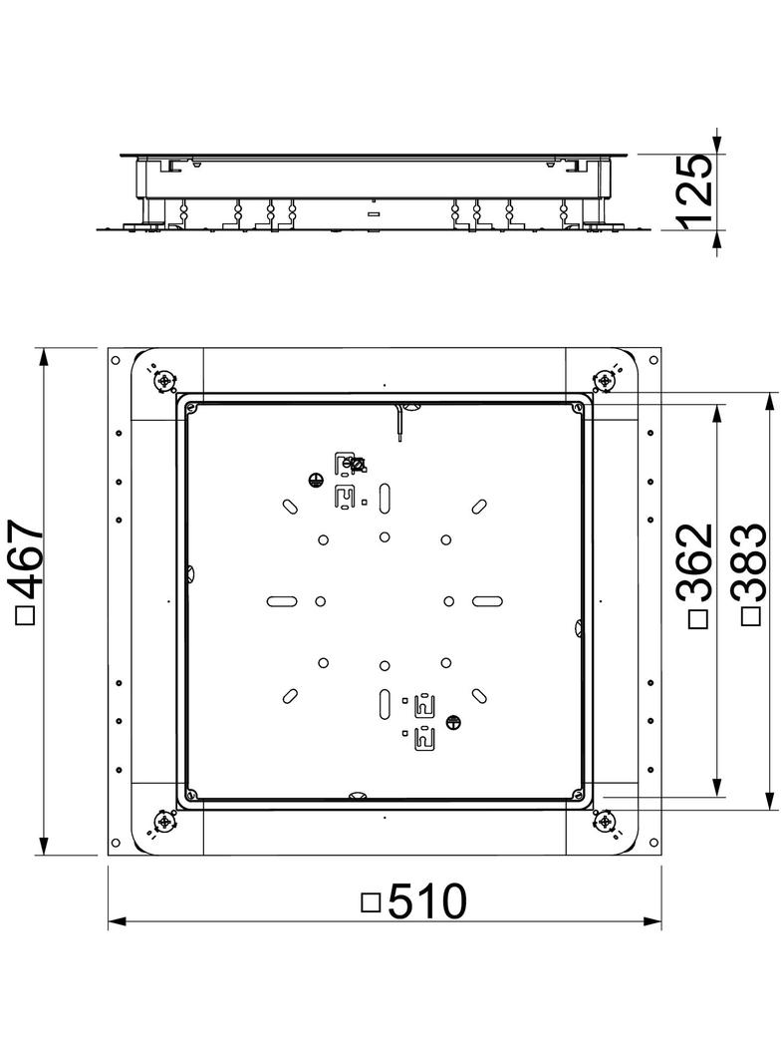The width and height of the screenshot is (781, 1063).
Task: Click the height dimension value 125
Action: tap(694, 189)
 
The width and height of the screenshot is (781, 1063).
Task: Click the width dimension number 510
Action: tap(426, 902)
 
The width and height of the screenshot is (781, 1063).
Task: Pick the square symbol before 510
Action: tap(371, 902)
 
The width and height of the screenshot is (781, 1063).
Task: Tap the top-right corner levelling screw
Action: tap(605, 380)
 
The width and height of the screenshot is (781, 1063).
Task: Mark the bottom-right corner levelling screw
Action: tap(605, 821)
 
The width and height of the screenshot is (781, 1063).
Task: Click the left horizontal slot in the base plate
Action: tap(283, 600)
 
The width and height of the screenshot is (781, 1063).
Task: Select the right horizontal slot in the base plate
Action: tap(487, 600)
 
